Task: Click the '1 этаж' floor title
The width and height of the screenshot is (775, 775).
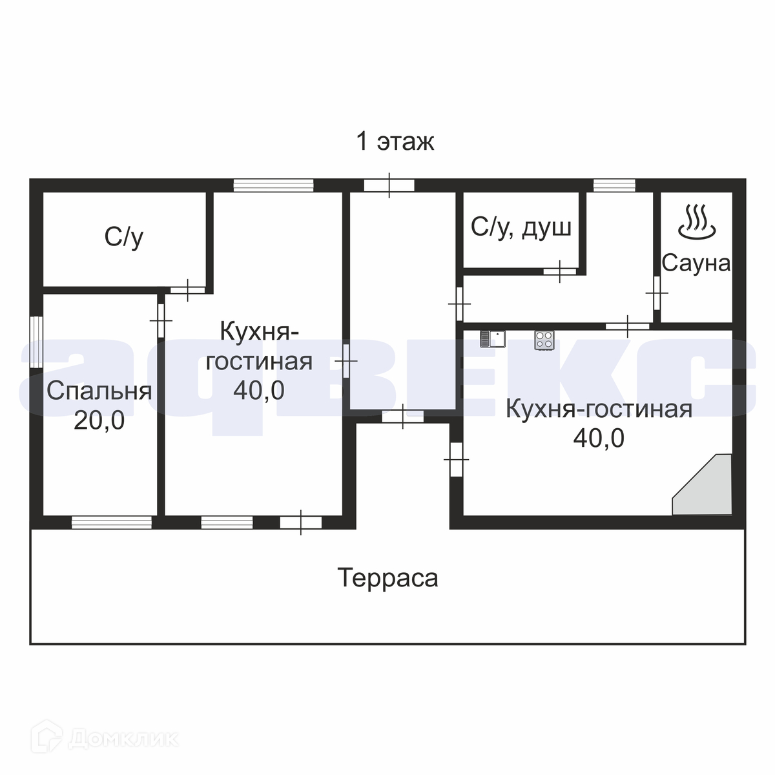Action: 395,141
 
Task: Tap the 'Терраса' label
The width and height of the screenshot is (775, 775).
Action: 388,578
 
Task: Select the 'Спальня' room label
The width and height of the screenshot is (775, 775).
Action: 99,391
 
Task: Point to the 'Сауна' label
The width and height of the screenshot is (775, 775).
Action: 696,263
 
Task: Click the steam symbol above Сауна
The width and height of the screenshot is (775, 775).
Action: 696,221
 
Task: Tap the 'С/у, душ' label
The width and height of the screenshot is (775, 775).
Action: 521,227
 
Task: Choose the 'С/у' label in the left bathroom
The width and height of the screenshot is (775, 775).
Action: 124,238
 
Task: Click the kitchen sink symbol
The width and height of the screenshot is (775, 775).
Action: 492,340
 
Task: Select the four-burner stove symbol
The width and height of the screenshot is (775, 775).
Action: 544,340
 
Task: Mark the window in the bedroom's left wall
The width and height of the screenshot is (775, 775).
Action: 37,342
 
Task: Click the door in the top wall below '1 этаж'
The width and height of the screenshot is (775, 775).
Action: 389,185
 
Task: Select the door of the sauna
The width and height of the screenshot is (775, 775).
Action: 656,294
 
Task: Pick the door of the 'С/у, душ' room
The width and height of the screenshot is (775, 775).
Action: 560,271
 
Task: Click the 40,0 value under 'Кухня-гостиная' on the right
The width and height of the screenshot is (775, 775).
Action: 599,439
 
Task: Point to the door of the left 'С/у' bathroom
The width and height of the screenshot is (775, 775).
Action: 187,291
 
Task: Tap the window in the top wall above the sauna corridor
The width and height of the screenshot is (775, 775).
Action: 614,185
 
